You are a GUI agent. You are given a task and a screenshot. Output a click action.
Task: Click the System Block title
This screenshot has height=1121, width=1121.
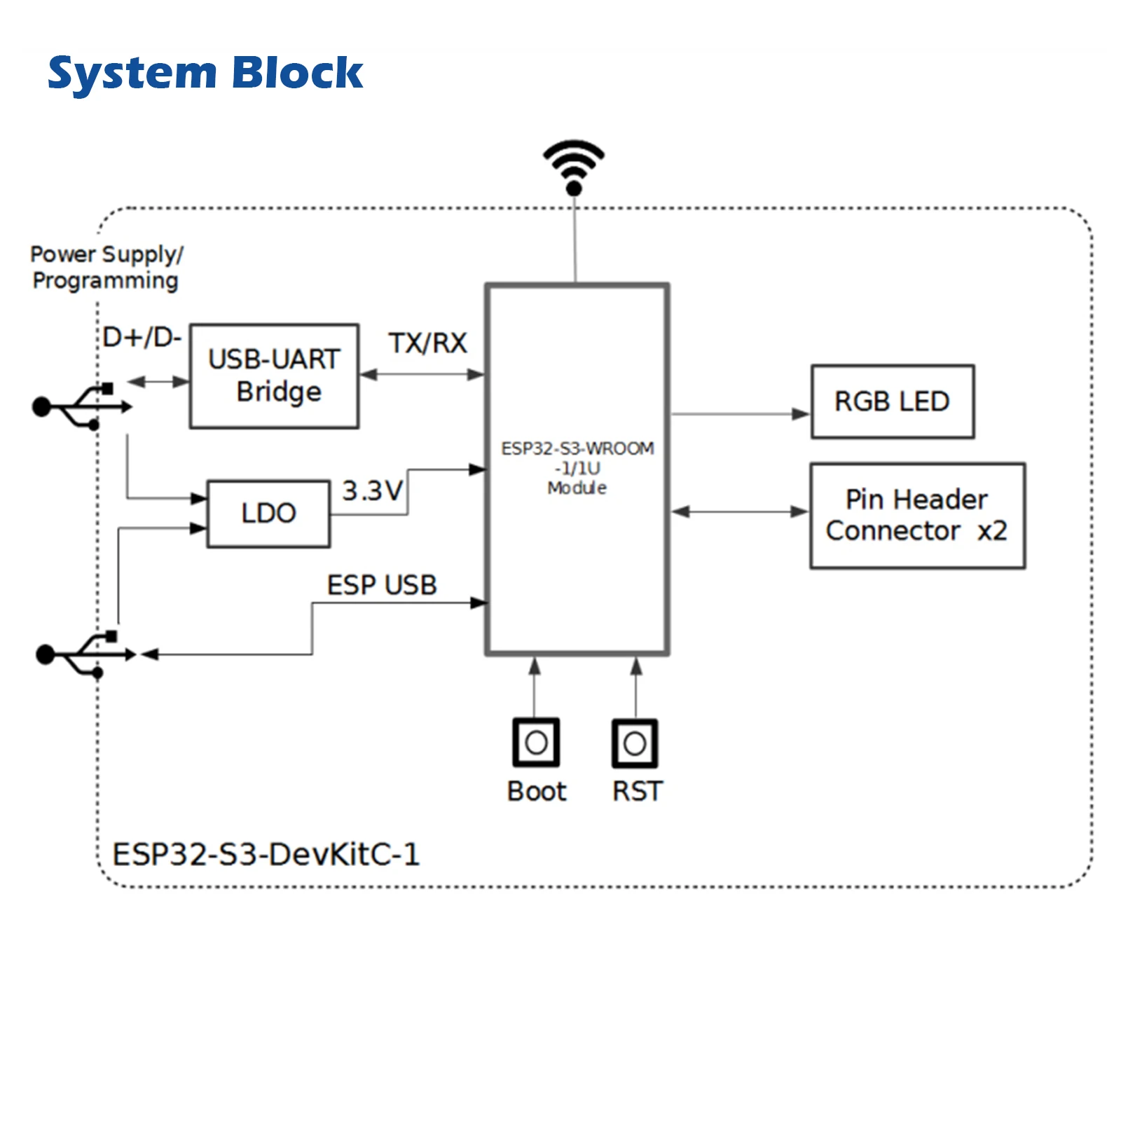tap(205, 73)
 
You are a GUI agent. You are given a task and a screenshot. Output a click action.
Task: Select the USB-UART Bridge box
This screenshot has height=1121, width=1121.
tap(275, 376)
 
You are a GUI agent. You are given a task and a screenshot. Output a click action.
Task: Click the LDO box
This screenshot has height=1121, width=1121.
tap(268, 514)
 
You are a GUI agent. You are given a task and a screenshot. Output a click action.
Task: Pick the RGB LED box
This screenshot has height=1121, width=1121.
tap(892, 401)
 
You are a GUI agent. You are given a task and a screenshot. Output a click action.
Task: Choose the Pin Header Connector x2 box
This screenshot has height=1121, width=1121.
tap(917, 516)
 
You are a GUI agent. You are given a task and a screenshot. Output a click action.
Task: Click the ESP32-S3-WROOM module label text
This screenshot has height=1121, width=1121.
tap(577, 467)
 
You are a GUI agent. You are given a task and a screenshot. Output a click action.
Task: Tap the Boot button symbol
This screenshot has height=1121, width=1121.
tap(536, 742)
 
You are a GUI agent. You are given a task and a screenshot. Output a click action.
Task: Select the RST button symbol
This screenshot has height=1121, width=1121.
tap(635, 743)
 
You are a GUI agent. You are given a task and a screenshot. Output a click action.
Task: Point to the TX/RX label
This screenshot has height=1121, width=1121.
tap(427, 343)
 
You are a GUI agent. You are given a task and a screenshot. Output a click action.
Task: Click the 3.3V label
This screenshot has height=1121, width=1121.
tap(372, 490)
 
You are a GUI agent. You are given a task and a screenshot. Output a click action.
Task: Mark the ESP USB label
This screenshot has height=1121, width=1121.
tap(382, 585)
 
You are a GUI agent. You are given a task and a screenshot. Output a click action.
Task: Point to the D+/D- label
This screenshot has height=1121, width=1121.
tap(142, 338)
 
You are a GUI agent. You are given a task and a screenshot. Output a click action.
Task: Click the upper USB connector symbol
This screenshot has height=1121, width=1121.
tap(81, 406)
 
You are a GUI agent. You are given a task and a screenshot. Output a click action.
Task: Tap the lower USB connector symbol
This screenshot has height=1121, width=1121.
tap(85, 654)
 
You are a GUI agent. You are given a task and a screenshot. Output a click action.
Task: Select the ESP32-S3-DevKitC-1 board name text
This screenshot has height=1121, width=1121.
tap(266, 854)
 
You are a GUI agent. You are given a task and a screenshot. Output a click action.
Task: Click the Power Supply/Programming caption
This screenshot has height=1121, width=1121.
tap(106, 267)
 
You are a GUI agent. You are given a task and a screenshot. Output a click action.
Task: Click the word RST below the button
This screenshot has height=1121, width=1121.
tap(637, 791)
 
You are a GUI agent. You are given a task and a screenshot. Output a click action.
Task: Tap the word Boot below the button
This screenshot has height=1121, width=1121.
tap(537, 791)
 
